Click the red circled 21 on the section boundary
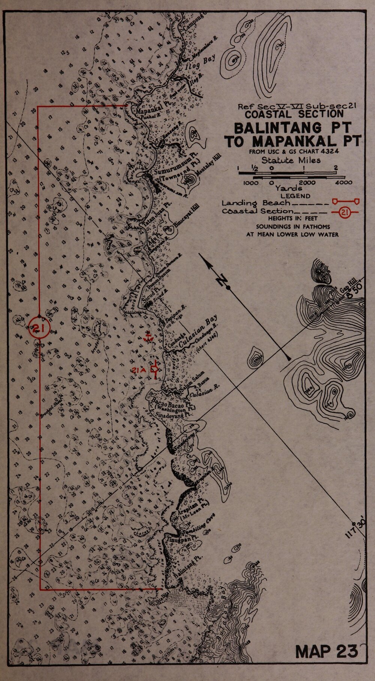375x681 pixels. (x=39, y=329)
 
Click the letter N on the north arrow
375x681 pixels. (x=224, y=281)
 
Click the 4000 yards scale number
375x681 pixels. (x=343, y=183)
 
